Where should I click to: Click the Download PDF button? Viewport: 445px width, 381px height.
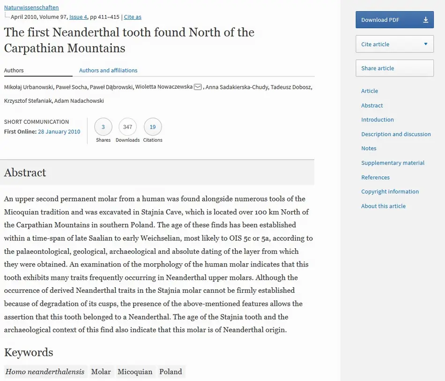(x=394, y=20)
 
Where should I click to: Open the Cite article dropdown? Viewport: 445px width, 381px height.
(x=394, y=44)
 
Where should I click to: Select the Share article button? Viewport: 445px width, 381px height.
(x=394, y=68)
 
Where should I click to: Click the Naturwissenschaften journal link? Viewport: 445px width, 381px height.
(x=31, y=8)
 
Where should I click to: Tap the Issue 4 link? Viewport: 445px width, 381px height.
(x=78, y=17)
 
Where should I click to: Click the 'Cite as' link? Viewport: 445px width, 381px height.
(x=133, y=17)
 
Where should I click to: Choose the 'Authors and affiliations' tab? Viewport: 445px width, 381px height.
(x=108, y=70)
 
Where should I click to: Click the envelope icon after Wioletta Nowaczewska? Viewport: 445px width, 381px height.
(x=198, y=87)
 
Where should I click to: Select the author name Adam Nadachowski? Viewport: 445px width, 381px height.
(x=79, y=101)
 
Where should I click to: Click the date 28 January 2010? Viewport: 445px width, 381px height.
(x=59, y=132)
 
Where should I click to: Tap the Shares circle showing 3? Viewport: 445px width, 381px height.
(x=103, y=127)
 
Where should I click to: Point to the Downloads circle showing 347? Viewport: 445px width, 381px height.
(x=127, y=127)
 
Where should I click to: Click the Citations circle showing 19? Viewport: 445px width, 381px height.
(x=153, y=127)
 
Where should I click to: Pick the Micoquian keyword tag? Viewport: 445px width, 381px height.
(x=135, y=372)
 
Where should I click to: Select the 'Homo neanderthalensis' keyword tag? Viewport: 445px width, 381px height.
(x=45, y=372)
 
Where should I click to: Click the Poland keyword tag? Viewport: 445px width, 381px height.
(x=171, y=372)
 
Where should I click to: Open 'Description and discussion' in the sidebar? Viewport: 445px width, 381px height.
(x=396, y=134)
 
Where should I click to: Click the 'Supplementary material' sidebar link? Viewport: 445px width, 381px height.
(x=393, y=163)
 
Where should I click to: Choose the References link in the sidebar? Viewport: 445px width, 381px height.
(x=375, y=177)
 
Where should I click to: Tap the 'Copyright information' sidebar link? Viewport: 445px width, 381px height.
(x=390, y=191)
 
